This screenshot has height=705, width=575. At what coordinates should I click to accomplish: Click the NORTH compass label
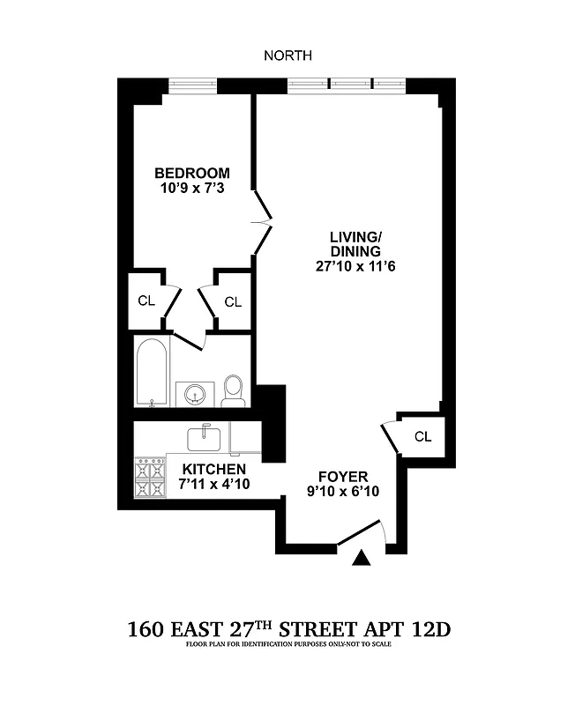pos(287,56)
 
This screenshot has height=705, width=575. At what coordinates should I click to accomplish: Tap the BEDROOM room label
pos(192,173)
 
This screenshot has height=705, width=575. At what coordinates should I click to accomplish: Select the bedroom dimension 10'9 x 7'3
pos(192,188)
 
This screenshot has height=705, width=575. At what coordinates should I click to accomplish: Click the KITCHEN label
pos(213,469)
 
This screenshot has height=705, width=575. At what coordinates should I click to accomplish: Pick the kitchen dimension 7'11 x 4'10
pos(213,484)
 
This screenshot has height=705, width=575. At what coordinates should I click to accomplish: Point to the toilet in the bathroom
pos(233,390)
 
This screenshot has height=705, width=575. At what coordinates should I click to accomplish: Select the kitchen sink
pos(207,435)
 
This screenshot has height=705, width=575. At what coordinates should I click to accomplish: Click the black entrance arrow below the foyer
pos(361,558)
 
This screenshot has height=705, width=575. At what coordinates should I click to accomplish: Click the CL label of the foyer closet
pos(422,436)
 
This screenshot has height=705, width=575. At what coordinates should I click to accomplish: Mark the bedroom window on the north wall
pos(193,85)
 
